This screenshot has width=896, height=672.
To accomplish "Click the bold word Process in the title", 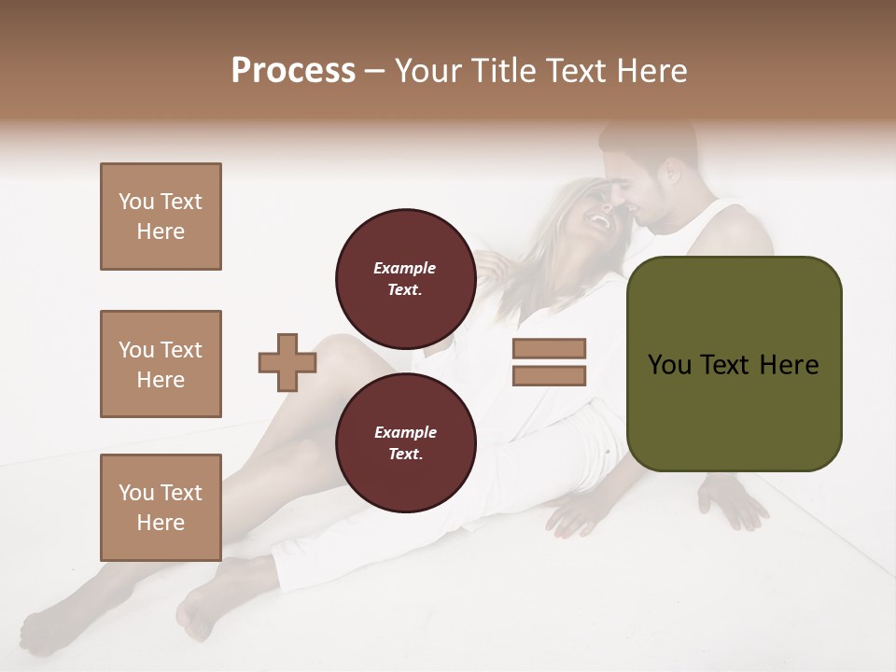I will (x=293, y=71).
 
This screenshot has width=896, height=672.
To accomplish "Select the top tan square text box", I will (x=161, y=217).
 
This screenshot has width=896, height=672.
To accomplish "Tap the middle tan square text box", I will (x=161, y=364).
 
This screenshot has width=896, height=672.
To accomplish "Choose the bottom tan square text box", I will (x=161, y=507).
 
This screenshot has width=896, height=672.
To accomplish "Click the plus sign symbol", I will (x=287, y=362).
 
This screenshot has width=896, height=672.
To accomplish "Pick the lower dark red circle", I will (x=405, y=442).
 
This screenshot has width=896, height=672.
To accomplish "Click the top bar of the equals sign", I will (x=549, y=348).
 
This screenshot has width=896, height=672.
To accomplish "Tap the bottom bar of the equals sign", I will (x=549, y=375).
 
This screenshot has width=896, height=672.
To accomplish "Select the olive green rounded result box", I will (x=734, y=364).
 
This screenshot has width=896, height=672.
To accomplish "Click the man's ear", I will (x=669, y=175).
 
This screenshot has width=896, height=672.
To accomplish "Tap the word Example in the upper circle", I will (x=405, y=268).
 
